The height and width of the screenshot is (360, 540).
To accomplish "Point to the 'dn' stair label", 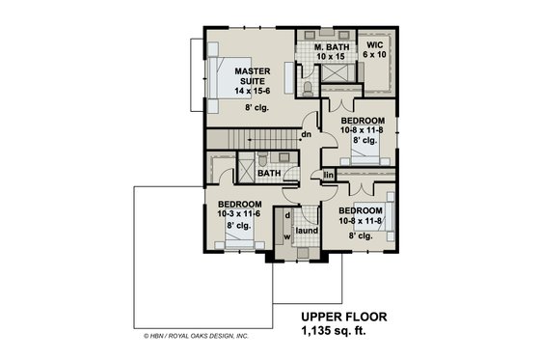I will (305, 133).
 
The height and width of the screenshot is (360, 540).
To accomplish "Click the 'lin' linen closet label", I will (329, 175).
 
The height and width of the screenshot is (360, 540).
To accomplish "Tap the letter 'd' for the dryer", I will (287, 216).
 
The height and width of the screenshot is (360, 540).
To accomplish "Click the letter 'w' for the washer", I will (287, 236).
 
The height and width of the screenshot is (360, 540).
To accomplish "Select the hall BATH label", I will (268, 174).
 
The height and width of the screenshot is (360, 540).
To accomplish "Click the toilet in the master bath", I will (307, 88).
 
